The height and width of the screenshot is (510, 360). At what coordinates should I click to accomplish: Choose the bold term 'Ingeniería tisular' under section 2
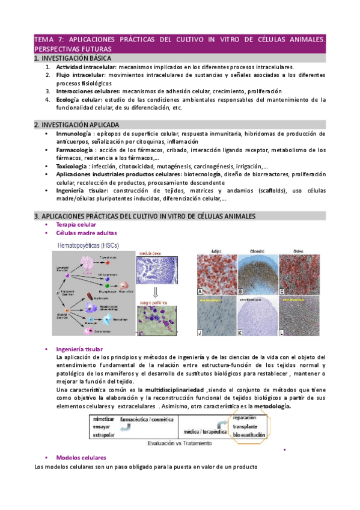coord(77,191)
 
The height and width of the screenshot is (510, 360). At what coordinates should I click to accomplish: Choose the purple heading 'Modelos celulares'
coord(81,458)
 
